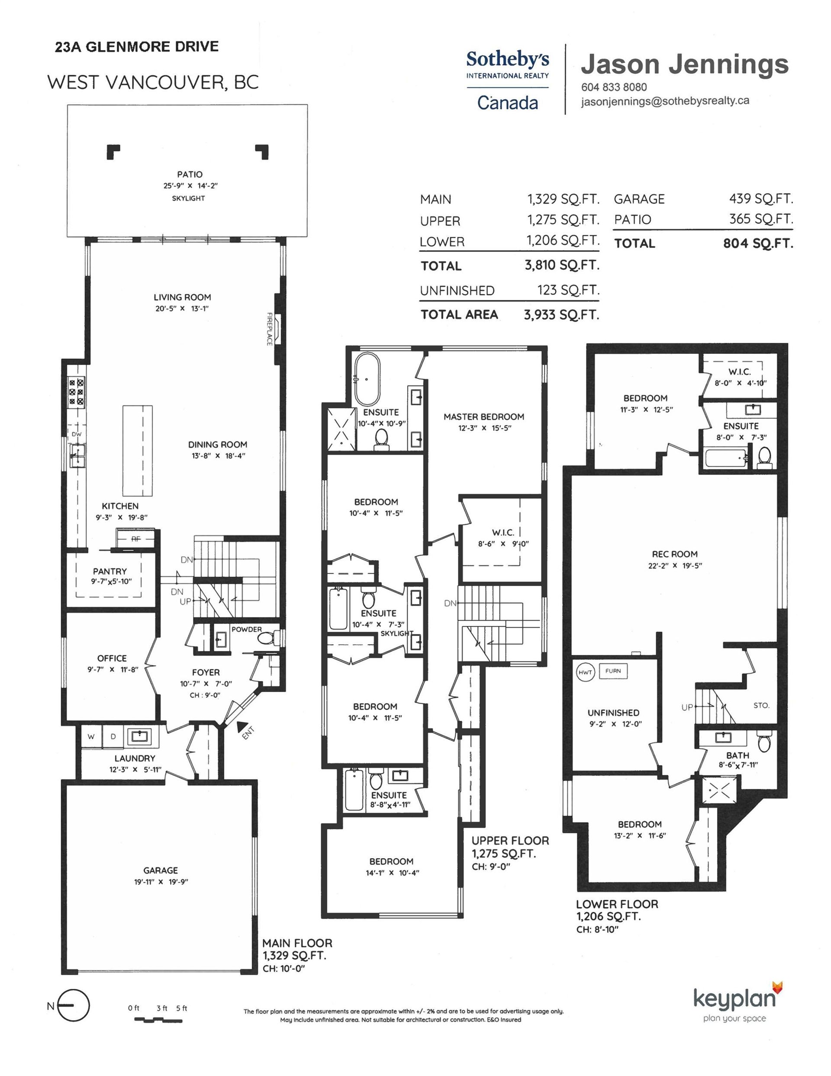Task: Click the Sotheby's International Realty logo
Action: click(x=507, y=81)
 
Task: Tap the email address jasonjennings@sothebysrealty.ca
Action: click(x=665, y=100)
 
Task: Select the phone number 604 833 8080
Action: click(x=614, y=87)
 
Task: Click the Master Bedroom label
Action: click(x=484, y=417)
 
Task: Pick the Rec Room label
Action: click(x=674, y=554)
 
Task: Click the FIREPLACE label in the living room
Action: click(x=270, y=329)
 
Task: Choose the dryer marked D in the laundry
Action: click(x=113, y=737)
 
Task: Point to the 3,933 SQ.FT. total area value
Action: click(x=561, y=315)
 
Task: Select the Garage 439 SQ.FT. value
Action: click(x=761, y=199)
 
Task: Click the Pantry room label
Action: click(x=110, y=571)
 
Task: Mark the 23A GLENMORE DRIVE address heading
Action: click(x=137, y=47)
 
